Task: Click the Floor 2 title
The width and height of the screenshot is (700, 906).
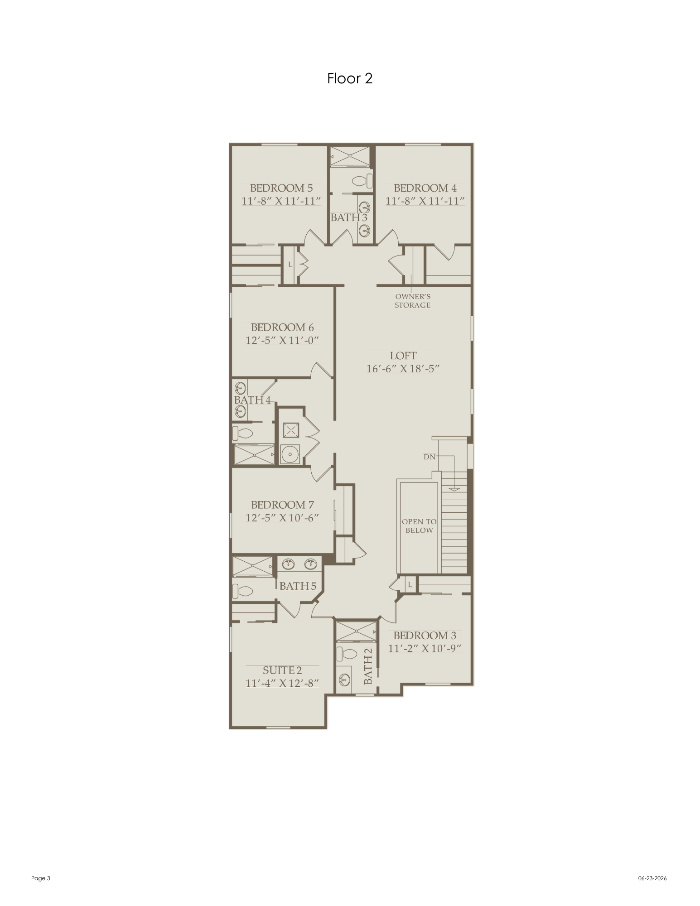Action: click(350, 78)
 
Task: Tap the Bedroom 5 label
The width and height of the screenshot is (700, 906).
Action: click(281, 188)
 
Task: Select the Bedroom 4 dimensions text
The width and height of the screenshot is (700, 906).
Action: click(425, 201)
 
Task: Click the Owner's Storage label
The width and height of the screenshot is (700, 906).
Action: click(413, 301)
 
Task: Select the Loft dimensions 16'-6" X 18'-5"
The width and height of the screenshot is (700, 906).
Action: click(403, 369)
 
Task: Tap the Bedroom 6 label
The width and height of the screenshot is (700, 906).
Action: click(282, 328)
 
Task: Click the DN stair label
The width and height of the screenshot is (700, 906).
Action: click(430, 457)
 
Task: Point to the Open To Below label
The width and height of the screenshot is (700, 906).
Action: click(419, 526)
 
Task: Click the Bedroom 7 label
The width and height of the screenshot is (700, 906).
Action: click(282, 505)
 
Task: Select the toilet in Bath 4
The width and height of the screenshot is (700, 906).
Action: click(242, 433)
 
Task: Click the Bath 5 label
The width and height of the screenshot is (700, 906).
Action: click(298, 586)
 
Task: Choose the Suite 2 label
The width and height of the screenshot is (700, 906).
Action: click(282, 670)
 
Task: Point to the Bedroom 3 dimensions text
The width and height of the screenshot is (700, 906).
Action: click(425, 648)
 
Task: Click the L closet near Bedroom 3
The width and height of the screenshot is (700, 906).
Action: click(410, 584)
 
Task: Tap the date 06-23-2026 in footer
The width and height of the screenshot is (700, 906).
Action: click(652, 878)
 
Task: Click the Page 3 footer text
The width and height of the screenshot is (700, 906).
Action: click(41, 878)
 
